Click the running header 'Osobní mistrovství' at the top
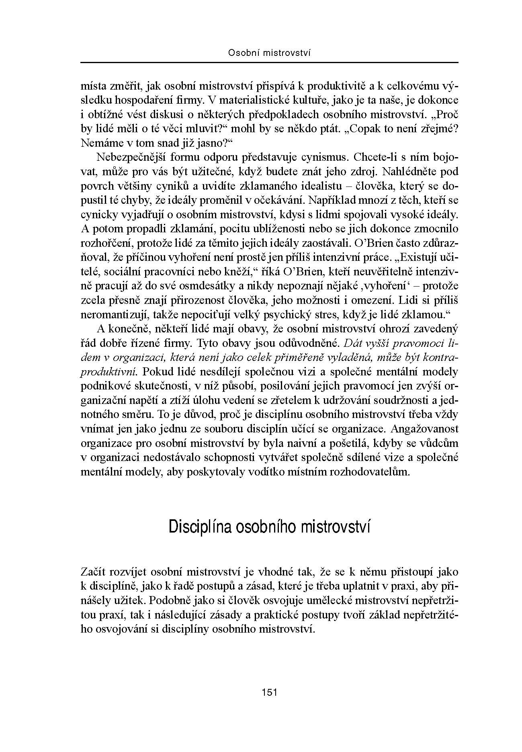coord(269,53)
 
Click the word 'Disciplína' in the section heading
coord(200,527)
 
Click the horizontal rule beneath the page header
coord(269,63)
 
